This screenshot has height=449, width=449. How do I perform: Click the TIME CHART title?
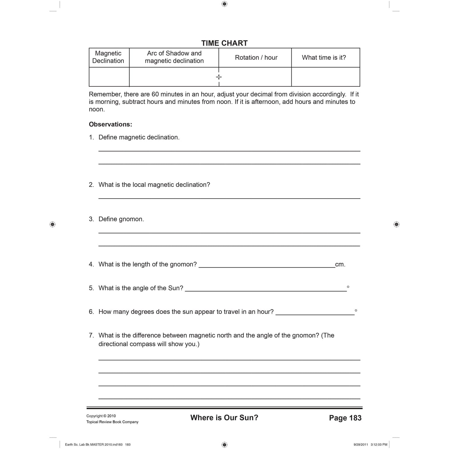[224, 43]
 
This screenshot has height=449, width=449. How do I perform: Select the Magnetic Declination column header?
[108, 57]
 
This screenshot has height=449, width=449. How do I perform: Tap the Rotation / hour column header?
[256, 57]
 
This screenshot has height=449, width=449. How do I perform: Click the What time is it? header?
[324, 57]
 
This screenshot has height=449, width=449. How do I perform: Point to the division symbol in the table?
[219, 77]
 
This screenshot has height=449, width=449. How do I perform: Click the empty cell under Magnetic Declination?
[109, 77]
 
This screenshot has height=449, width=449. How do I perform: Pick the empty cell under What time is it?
[325, 77]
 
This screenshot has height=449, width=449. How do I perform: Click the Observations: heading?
[110, 124]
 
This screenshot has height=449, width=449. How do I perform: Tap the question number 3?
[91, 219]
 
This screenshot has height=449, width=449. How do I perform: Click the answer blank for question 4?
[267, 265]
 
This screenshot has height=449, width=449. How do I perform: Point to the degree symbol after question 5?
[348, 287]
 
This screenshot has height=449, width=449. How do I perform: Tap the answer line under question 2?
[229, 197]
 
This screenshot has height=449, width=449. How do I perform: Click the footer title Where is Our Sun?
[224, 418]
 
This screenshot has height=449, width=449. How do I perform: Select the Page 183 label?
[345, 418]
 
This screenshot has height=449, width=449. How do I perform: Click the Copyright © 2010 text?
[101, 416]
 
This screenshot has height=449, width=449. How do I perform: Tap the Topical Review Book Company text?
[112, 422]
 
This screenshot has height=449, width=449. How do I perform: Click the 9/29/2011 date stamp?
[360, 445]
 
